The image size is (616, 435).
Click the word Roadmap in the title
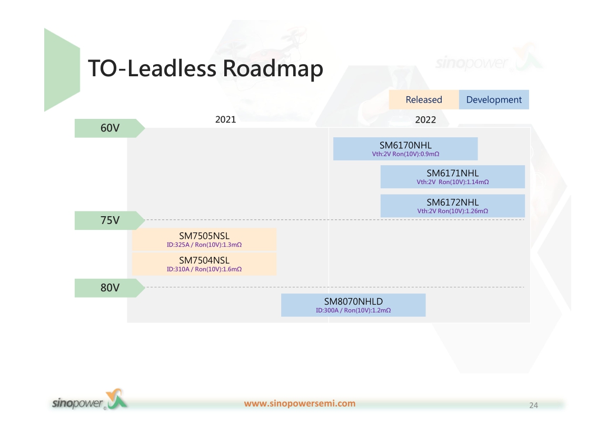[273, 69]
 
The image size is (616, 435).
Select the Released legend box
[424, 100]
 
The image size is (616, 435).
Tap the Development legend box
[494, 100]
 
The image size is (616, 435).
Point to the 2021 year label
[225, 119]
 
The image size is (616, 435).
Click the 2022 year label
[425, 120]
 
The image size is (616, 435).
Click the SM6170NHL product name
[405, 145]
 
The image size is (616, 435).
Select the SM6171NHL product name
[453, 173]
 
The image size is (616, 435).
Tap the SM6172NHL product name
[453, 202]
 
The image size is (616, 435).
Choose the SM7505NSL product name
[204, 236]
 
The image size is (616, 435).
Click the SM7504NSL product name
[204, 260]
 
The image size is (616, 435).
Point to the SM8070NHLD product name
[353, 301]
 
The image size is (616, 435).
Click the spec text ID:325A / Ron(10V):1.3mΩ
[204, 245]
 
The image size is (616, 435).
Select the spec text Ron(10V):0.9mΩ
[415, 154]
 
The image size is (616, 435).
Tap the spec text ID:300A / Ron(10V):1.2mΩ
[353, 310]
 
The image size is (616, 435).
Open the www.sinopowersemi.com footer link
[300, 403]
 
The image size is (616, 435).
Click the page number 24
[533, 405]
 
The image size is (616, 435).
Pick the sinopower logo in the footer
[90, 400]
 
